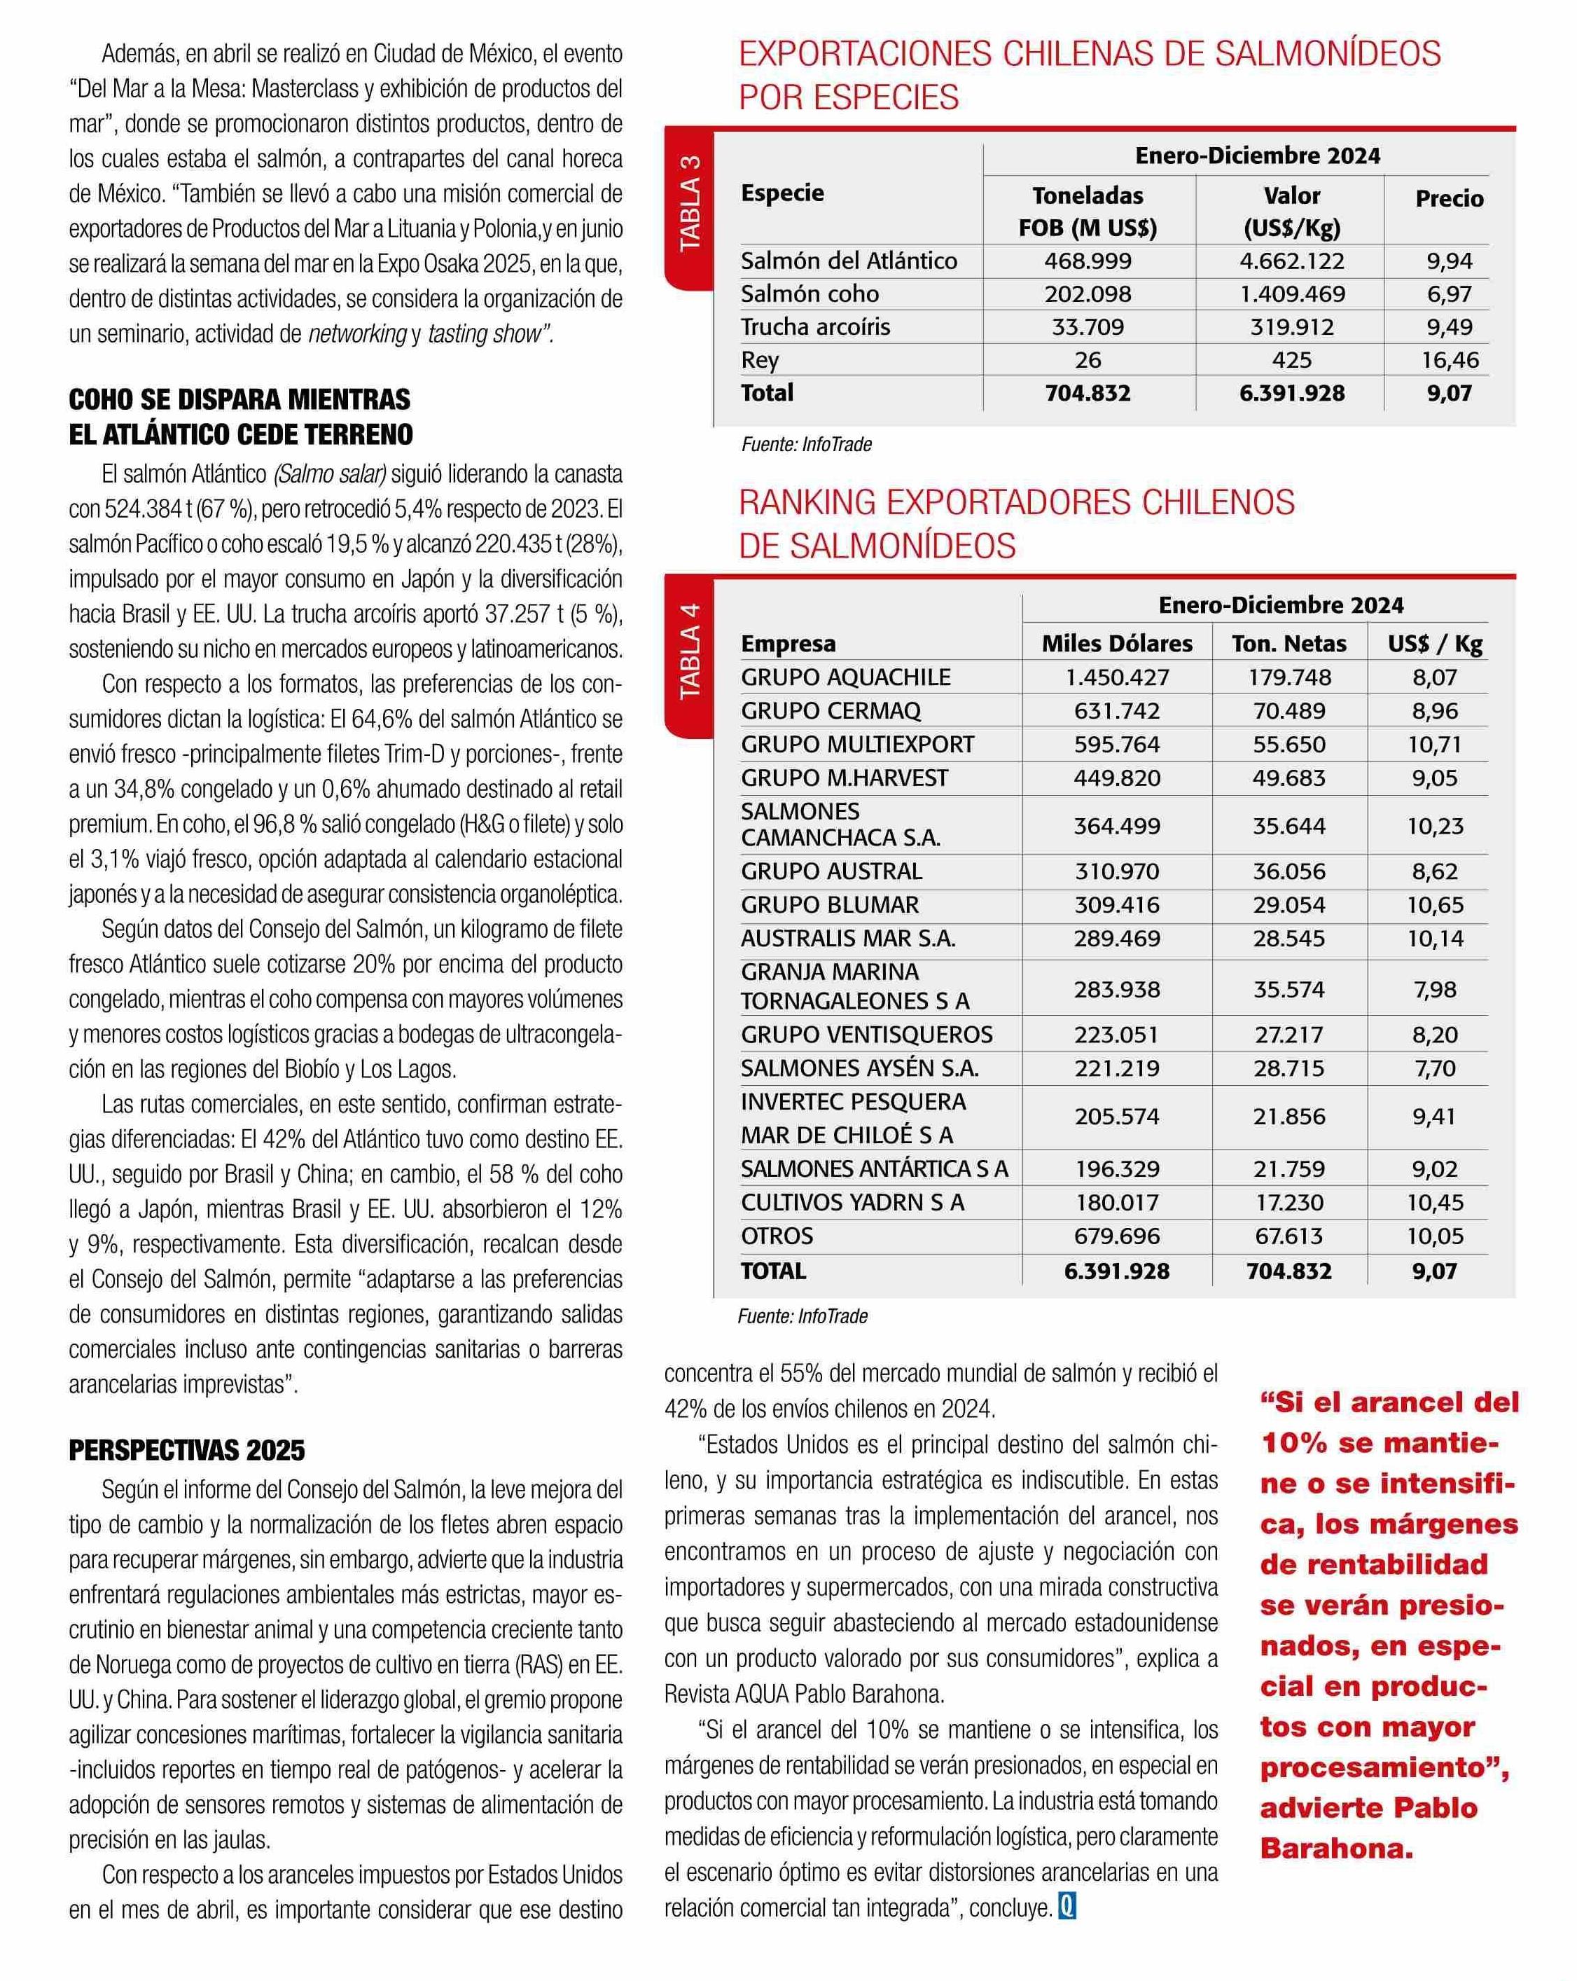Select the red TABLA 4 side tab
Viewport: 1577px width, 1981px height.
pyautogui.click(x=689, y=651)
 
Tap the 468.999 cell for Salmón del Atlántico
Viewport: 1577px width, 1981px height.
pyautogui.click(x=1088, y=261)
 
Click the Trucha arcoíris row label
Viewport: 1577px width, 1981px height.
pyautogui.click(x=816, y=327)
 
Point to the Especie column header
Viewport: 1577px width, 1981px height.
pyautogui.click(x=782, y=193)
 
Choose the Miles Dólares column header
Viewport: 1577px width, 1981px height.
pyautogui.click(x=1117, y=643)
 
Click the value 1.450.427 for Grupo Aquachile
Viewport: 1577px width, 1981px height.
pyautogui.click(x=1117, y=677)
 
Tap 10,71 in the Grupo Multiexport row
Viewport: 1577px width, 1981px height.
pyautogui.click(x=1435, y=744)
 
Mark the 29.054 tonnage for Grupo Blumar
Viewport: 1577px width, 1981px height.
pyautogui.click(x=1288, y=905)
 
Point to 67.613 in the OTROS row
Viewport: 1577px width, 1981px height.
pyautogui.click(x=1288, y=1236)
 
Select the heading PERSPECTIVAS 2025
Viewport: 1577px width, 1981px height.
pyautogui.click(x=186, y=1451)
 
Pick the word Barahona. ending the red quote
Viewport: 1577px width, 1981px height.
pyautogui.click(x=1336, y=1848)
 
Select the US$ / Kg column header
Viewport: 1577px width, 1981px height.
pyautogui.click(x=1435, y=643)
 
